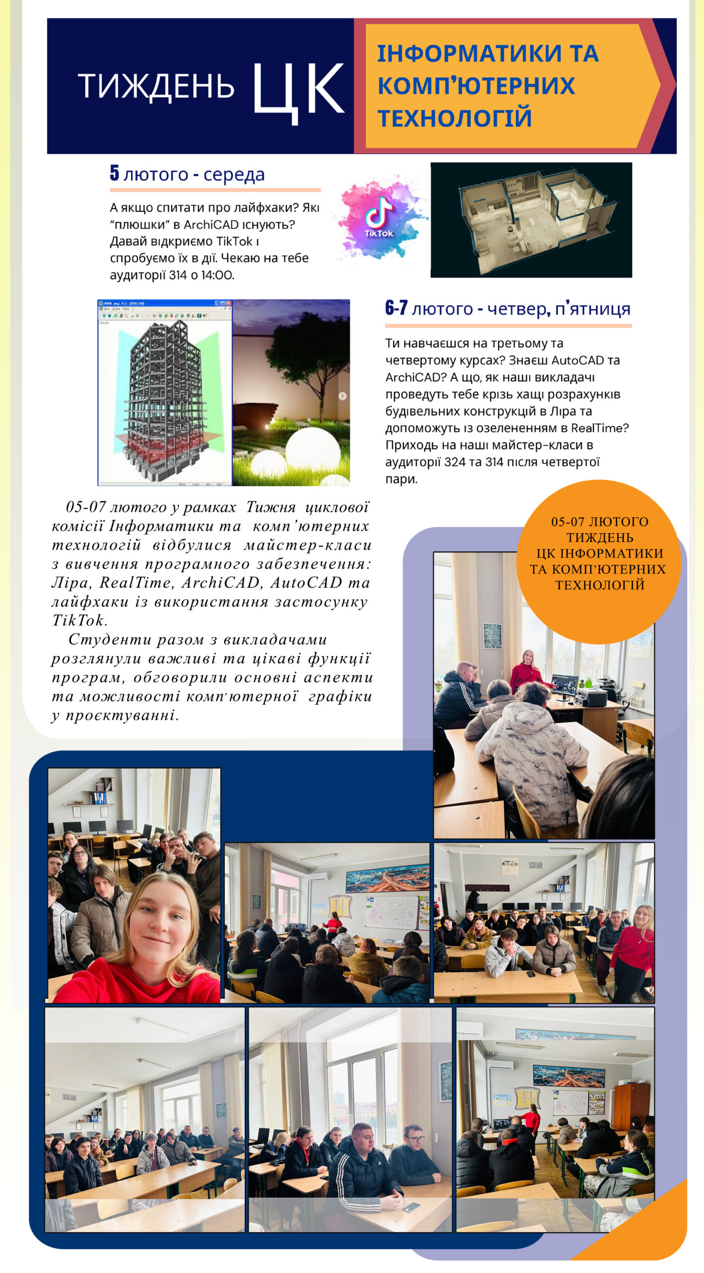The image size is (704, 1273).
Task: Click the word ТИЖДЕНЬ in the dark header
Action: click(x=156, y=86)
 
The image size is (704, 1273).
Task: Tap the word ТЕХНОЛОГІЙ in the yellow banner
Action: click(x=454, y=118)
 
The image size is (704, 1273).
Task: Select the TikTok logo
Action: click(x=379, y=218)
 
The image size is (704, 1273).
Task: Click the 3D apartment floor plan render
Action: click(x=531, y=220)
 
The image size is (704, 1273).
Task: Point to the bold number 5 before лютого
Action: click(x=114, y=173)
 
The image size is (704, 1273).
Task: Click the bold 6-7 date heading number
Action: click(x=396, y=308)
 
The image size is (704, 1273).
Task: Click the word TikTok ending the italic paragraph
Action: click(x=79, y=621)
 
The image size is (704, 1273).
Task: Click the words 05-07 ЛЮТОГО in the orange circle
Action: click(x=600, y=522)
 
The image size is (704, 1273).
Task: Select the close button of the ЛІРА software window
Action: click(x=228, y=303)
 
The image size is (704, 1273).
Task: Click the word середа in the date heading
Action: click(x=234, y=175)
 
